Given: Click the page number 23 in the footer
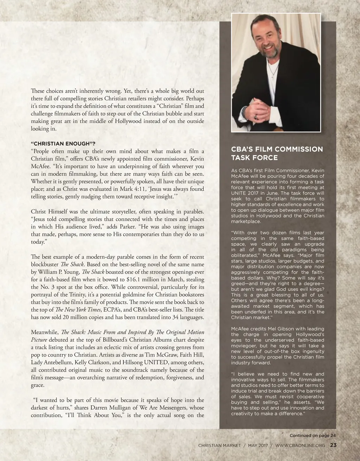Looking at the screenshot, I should click(333, 445).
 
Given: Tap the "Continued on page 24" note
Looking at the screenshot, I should click(313, 435).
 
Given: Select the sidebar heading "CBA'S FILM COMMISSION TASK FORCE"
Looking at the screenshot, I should click(277, 153).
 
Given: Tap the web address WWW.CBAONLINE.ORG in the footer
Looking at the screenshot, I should click(300, 446).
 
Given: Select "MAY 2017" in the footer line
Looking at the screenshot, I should click(258, 446).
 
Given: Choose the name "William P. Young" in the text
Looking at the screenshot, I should click(58, 272).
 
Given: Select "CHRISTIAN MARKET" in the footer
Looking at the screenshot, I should click(219, 446).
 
